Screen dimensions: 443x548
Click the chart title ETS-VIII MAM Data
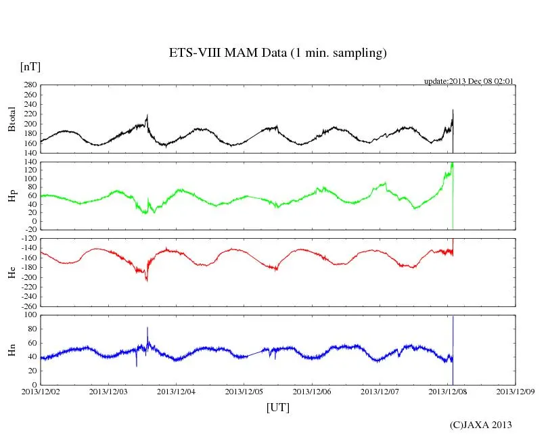277,53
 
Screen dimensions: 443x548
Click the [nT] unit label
30,67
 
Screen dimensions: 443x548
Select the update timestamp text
469,81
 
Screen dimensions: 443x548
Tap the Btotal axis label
12,119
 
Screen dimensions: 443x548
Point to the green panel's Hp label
12,196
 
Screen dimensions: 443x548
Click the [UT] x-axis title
277,407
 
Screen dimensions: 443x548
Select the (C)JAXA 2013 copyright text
480,425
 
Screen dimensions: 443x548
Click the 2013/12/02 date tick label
41,391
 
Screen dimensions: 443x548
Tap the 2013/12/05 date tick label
245,391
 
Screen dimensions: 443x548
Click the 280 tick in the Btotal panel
29,85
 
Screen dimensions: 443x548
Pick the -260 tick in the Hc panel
27,306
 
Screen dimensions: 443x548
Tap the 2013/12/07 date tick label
381,391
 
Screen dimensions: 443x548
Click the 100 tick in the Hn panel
29,314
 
